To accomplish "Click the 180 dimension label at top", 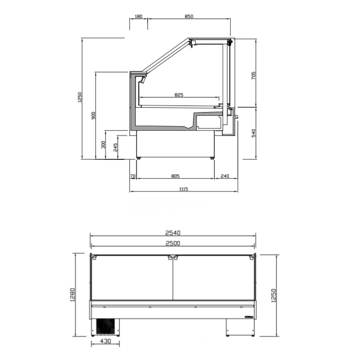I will (138, 16).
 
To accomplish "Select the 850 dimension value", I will (189, 16).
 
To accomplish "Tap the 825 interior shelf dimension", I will (179, 95).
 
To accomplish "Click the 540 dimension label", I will (253, 133).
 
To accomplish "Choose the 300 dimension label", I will (103, 145).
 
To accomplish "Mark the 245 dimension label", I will (115, 147).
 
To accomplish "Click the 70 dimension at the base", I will (133, 176).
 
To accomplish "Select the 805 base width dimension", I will (175, 176).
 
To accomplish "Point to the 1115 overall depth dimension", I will (183, 189).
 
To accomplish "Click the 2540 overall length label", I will (173, 233).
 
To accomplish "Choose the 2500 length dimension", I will (173, 243).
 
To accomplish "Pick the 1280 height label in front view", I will (72, 295).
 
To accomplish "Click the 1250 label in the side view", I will (79, 97).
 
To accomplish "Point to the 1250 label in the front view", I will (273, 296).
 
